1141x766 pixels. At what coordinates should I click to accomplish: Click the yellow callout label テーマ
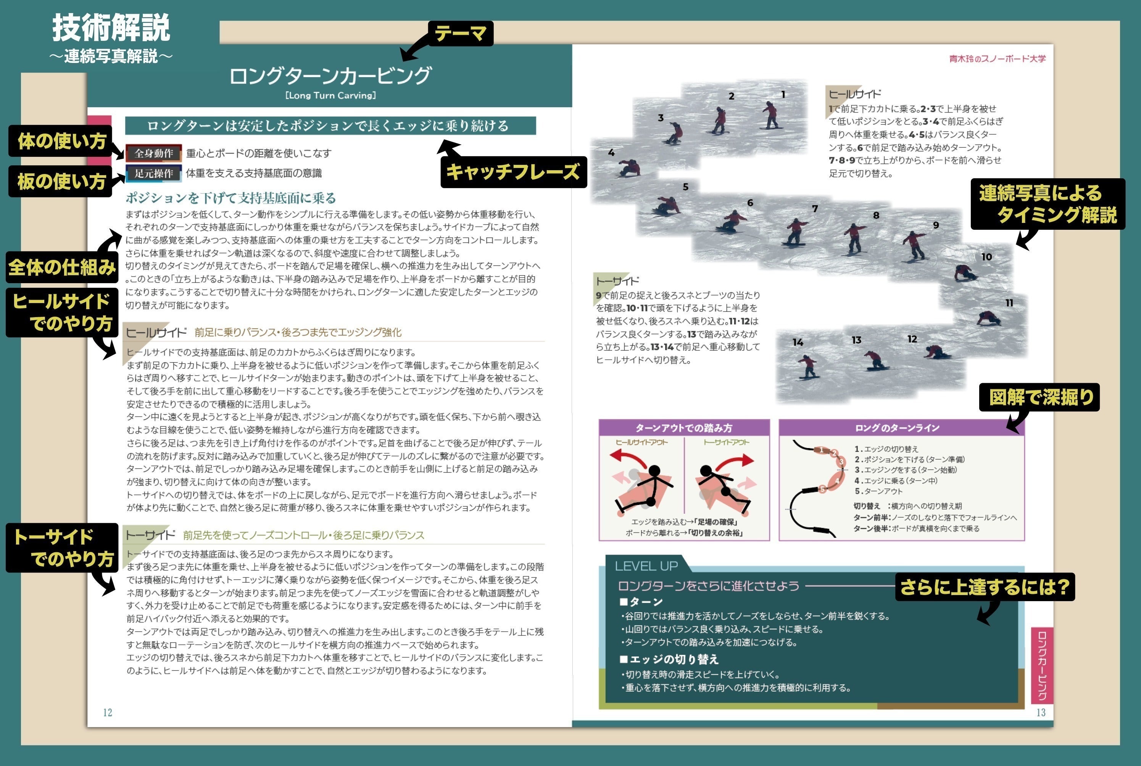point(460,34)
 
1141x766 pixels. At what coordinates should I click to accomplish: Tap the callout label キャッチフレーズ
point(513,172)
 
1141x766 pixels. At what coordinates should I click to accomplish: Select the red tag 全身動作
point(154,153)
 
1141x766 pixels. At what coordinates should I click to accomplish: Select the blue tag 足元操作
point(154,173)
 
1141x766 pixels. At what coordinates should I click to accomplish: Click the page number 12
point(108,712)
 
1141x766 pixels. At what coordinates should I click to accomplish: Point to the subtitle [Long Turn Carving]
point(330,95)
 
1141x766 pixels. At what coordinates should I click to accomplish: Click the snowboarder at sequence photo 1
point(770,115)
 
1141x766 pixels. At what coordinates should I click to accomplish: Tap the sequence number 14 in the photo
point(798,342)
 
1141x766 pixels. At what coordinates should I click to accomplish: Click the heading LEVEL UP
point(646,566)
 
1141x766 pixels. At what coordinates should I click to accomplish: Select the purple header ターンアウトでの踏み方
point(684,428)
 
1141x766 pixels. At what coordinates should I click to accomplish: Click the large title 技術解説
point(111,28)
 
